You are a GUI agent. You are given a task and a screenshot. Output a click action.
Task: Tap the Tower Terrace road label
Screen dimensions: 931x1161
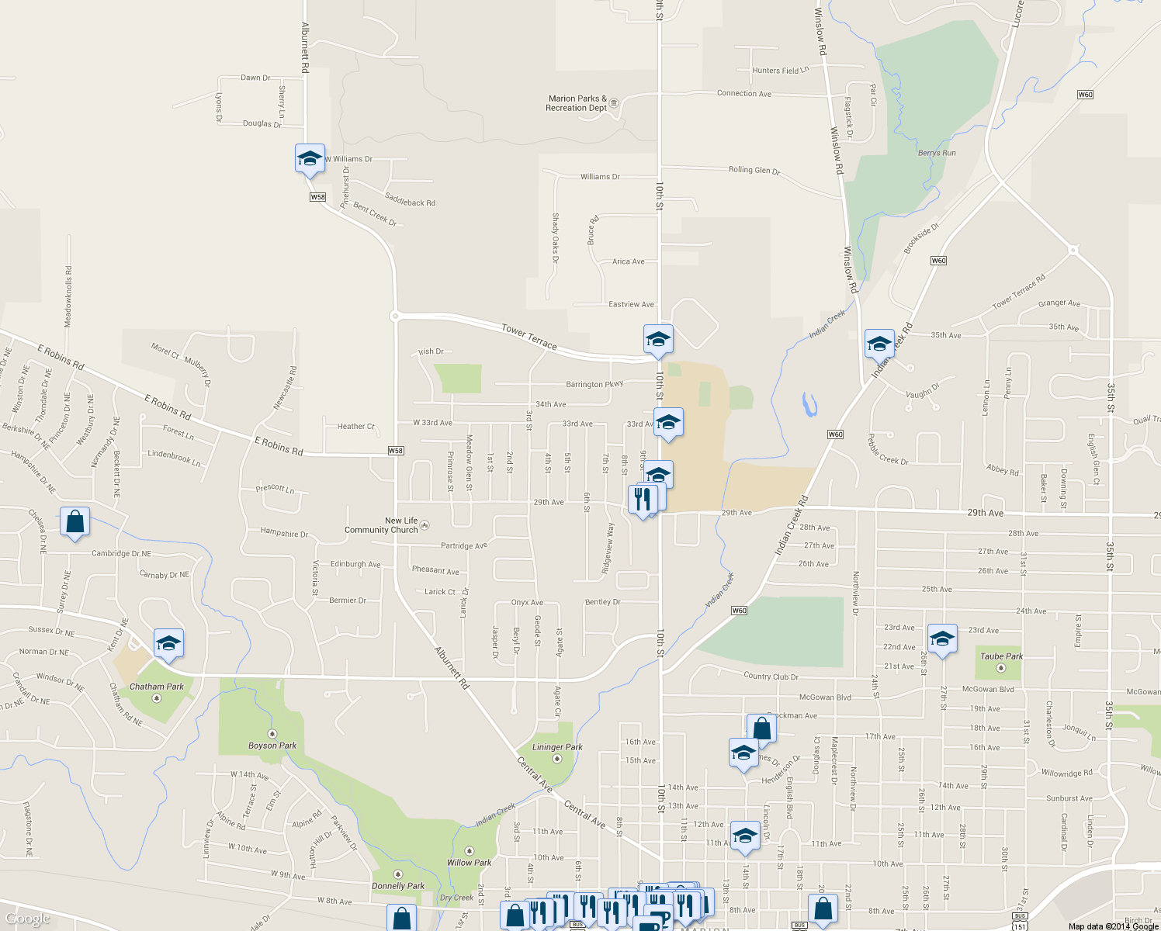(529, 336)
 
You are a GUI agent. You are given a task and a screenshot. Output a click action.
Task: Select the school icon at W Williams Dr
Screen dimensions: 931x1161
(310, 159)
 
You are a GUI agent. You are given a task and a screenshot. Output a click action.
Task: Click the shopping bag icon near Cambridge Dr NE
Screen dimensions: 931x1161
(75, 523)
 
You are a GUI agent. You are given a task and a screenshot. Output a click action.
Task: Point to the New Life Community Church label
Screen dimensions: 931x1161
(381, 525)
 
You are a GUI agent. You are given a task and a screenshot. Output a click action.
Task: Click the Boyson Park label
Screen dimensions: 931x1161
(272, 746)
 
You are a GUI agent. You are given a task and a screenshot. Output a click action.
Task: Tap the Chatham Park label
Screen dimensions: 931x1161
(157, 687)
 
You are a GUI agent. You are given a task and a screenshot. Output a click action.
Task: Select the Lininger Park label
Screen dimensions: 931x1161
(557, 747)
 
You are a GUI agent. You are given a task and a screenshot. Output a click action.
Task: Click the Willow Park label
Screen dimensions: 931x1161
(469, 862)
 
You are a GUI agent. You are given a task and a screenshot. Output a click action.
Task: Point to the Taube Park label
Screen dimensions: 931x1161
(1001, 656)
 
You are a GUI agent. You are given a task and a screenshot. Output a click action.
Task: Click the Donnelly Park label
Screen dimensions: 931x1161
(398, 885)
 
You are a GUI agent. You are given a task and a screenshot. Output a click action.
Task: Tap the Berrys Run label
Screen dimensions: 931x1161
(937, 153)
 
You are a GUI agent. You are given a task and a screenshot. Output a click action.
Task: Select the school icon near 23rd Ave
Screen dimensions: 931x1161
(941, 639)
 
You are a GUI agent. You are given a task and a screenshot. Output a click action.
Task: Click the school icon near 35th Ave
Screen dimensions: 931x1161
(879, 344)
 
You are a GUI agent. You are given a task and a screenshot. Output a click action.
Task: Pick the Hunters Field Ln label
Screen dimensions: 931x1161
(780, 71)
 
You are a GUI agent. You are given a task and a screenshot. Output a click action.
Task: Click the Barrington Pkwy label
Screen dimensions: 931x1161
(594, 384)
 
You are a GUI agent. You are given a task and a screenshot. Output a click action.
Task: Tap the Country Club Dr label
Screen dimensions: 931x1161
(771, 677)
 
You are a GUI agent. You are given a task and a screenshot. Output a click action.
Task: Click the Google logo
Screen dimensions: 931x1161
(27, 919)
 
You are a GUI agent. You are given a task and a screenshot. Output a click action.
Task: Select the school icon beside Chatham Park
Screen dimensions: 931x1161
(168, 643)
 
